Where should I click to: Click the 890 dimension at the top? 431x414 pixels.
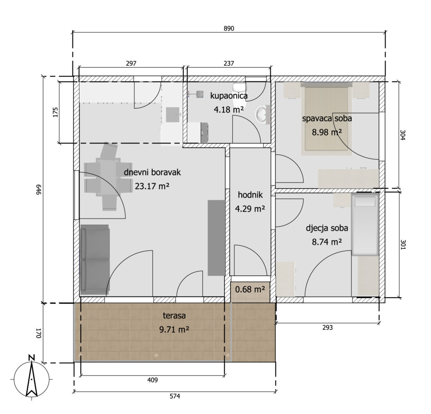click(229, 28)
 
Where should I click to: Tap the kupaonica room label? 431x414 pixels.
click(229, 95)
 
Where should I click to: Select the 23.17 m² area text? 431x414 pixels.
click(152, 186)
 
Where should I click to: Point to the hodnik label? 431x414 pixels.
click(250, 195)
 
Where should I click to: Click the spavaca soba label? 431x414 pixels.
click(327, 119)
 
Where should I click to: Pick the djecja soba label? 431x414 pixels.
click(327, 228)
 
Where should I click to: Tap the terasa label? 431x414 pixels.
click(174, 316)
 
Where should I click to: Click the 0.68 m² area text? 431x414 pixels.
click(250, 289)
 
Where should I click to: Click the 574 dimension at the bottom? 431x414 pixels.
click(175, 396)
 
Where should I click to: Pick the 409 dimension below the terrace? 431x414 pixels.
click(152, 380)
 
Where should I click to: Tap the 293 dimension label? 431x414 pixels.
click(327, 327)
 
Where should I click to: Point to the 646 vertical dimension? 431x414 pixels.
click(38, 190)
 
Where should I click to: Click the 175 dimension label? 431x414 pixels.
click(55, 112)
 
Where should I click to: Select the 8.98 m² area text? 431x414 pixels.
click(327, 132)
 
